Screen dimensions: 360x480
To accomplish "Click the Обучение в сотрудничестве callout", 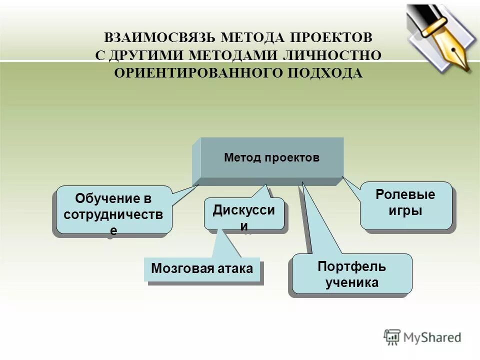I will [114, 210].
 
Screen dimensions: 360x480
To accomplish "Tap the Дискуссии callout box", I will [243, 214].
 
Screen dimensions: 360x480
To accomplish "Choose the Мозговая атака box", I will [202, 268].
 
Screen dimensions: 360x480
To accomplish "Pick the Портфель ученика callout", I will [351, 274].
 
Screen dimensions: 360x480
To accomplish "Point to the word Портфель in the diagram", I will [352, 266].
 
